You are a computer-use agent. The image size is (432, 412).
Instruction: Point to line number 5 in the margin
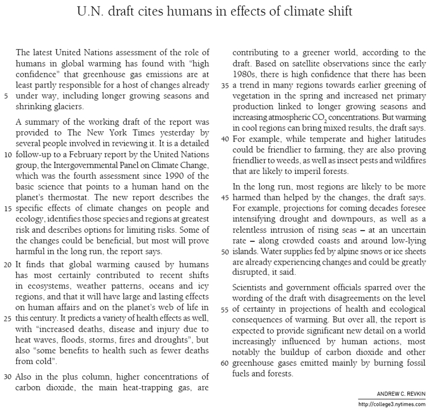[x=5, y=96]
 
